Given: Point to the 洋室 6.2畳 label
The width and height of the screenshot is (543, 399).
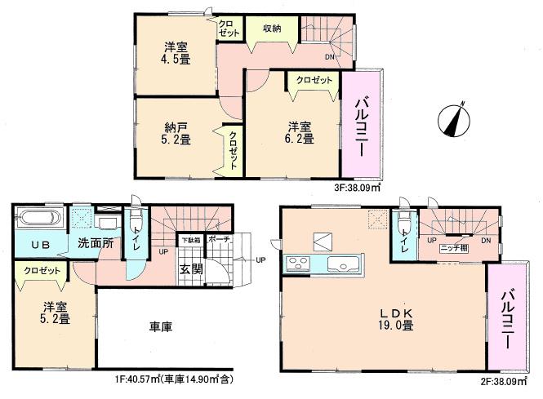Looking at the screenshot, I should tap(300, 132).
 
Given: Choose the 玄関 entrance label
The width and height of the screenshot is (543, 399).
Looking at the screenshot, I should tap(190, 270).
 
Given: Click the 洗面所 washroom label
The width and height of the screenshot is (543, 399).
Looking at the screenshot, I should tap(95, 242).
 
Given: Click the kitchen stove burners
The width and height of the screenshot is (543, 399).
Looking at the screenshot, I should tap(296, 264).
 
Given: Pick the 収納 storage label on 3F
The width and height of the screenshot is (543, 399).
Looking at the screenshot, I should tap(273, 29).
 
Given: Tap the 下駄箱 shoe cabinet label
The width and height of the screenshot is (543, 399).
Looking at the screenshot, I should tap(189, 240).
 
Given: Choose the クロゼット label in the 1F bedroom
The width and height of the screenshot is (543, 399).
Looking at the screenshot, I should tap(40, 270).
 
